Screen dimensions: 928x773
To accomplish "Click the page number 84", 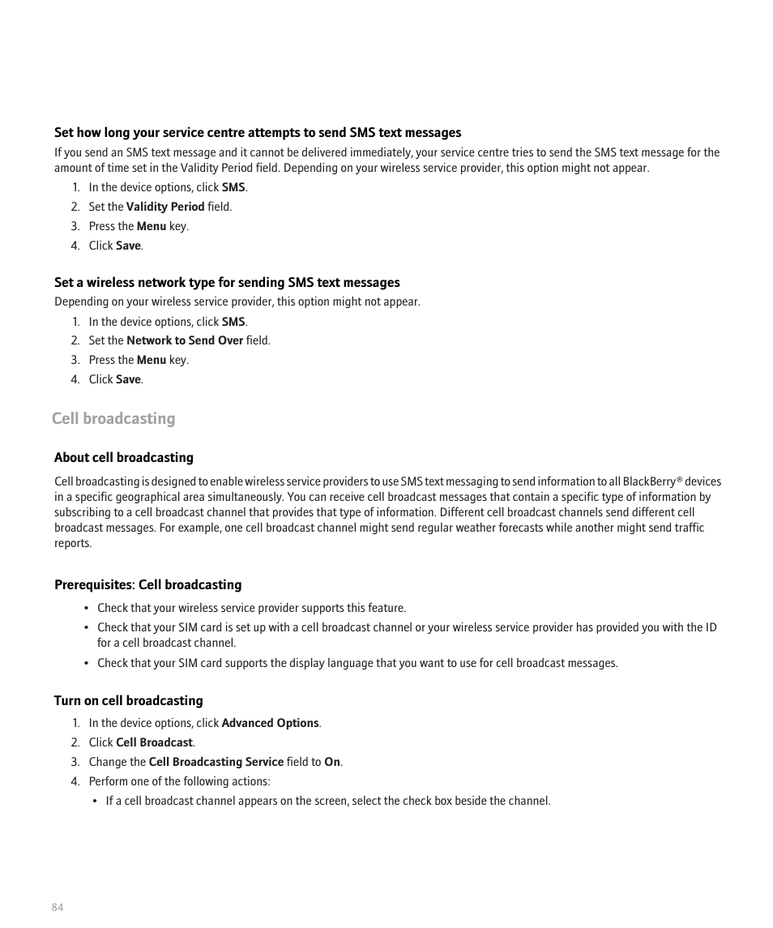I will click(x=58, y=907).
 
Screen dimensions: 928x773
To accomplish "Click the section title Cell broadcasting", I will click(x=113, y=418).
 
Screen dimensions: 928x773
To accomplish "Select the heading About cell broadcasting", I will click(x=124, y=458).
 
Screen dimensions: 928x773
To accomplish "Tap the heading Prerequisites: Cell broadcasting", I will click(x=147, y=585).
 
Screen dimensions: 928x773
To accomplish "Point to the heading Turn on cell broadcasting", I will click(x=128, y=701).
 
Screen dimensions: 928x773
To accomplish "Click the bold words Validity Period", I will click(x=165, y=207).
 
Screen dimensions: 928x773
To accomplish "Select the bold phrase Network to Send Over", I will click(x=185, y=340).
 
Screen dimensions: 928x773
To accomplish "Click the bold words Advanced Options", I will click(x=270, y=723).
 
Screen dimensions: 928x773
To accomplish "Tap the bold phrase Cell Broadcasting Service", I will click(x=216, y=762).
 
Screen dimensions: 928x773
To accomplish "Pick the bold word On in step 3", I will click(x=332, y=762).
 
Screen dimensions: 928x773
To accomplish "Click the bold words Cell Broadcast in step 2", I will click(x=154, y=742).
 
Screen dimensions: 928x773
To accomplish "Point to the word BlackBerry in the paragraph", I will click(x=649, y=481).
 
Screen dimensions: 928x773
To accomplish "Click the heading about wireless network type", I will click(x=227, y=283).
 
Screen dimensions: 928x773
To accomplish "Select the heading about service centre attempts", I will click(x=258, y=133).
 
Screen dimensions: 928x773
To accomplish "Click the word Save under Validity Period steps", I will click(x=128, y=246).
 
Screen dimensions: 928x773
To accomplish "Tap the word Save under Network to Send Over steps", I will click(x=128, y=379).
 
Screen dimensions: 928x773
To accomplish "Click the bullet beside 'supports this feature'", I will click(x=86, y=608).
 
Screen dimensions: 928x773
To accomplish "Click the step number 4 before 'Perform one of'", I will click(x=75, y=781).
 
